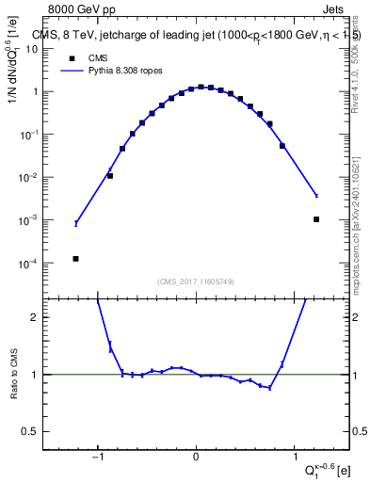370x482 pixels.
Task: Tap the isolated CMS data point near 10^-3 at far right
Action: point(316,219)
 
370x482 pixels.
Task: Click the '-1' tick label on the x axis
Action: point(97,458)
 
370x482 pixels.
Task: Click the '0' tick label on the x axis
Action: point(196,458)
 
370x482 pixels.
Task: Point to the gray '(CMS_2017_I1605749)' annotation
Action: point(196,281)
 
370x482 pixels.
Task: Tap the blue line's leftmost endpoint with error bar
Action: point(76,223)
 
